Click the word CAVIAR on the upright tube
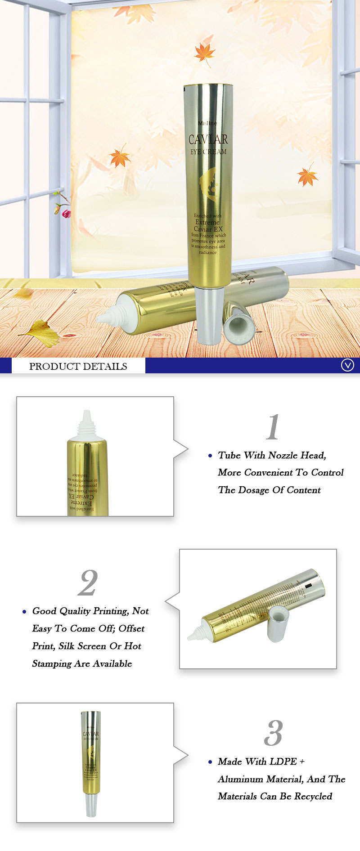tap(208, 139)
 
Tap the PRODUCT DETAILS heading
tap(78, 366)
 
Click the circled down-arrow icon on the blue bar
tap(347, 365)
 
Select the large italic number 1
tap(273, 427)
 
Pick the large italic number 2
tap(88, 582)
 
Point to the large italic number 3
tap(273, 733)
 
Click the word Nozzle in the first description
tap(282, 455)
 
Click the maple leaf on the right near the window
tap(307, 175)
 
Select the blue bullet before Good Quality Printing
tap(24, 612)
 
